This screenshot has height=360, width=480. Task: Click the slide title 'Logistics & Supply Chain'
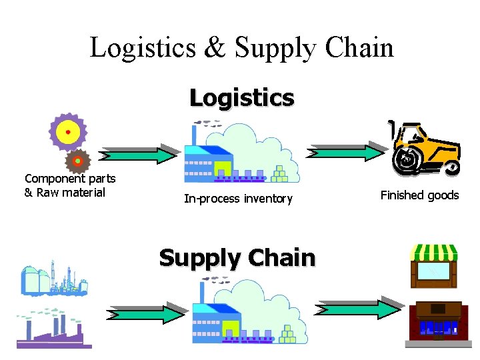(241, 48)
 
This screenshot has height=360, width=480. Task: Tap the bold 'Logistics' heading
(241, 98)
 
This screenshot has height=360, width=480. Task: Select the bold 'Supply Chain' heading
(237, 257)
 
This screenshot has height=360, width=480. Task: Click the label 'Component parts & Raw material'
(69, 185)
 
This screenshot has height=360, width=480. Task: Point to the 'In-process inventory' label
(238, 199)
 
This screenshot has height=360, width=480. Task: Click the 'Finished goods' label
(419, 195)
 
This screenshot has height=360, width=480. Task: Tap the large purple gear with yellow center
(67, 132)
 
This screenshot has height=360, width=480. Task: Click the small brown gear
(78, 161)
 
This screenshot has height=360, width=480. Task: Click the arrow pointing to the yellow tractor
(347, 151)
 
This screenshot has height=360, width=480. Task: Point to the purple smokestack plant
(52, 329)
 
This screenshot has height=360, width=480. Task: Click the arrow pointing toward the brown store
(359, 309)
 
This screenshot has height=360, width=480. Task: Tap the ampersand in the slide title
(214, 48)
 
